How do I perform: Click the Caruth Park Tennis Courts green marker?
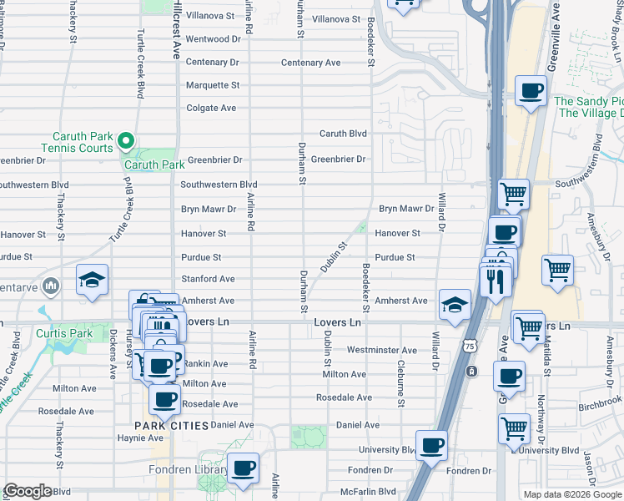[x=126, y=139]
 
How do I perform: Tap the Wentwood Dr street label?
[x=212, y=39]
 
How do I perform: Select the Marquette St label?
[x=212, y=85]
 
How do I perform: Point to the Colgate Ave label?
[x=211, y=108]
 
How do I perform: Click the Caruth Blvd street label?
[x=343, y=134]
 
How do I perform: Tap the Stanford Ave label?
[x=208, y=279]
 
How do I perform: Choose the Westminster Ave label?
[x=381, y=350]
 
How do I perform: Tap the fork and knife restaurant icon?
[x=496, y=281]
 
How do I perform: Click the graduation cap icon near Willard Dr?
[x=455, y=304]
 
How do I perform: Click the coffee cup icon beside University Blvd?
[x=431, y=446]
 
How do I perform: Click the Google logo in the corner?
[x=27, y=491]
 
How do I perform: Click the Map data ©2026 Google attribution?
[x=572, y=494]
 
